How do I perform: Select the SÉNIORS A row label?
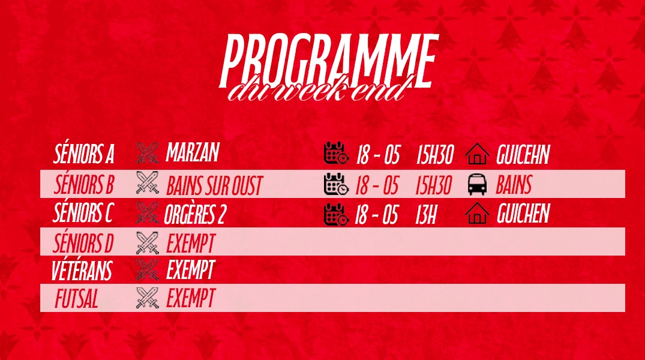[84, 154]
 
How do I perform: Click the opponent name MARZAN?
[193, 152]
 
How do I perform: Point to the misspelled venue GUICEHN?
[523, 155]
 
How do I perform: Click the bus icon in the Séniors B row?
[477, 185]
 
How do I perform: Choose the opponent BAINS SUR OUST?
[214, 186]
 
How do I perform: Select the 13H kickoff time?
[426, 215]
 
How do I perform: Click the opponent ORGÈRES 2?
[195, 215]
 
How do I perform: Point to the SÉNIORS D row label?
[83, 243]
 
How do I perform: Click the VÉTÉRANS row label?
[82, 271]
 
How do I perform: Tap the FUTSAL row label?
[77, 299]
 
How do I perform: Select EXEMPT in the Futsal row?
[191, 298]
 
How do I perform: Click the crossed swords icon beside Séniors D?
[147, 243]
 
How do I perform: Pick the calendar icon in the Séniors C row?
[336, 214]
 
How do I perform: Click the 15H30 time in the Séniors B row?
[434, 185]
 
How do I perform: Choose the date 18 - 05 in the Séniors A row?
[378, 155]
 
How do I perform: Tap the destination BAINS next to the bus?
[514, 185]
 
